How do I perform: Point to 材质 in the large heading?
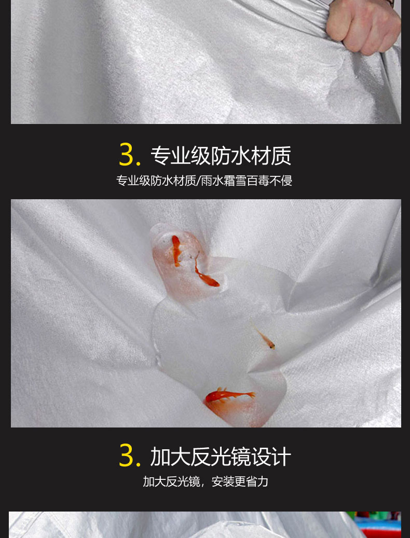pyautogui.click(x=271, y=156)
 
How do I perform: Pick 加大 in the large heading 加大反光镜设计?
pyautogui.click(x=170, y=457)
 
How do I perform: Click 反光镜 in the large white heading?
pyautogui.click(x=220, y=457)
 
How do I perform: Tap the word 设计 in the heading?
pyautogui.click(x=271, y=457)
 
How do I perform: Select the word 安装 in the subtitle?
pyautogui.click(x=223, y=482)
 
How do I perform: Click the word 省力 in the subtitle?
pyautogui.click(x=257, y=482)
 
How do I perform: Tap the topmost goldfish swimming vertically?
pyautogui.click(x=176, y=251)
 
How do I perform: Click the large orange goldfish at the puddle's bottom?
pyautogui.click(x=229, y=396)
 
